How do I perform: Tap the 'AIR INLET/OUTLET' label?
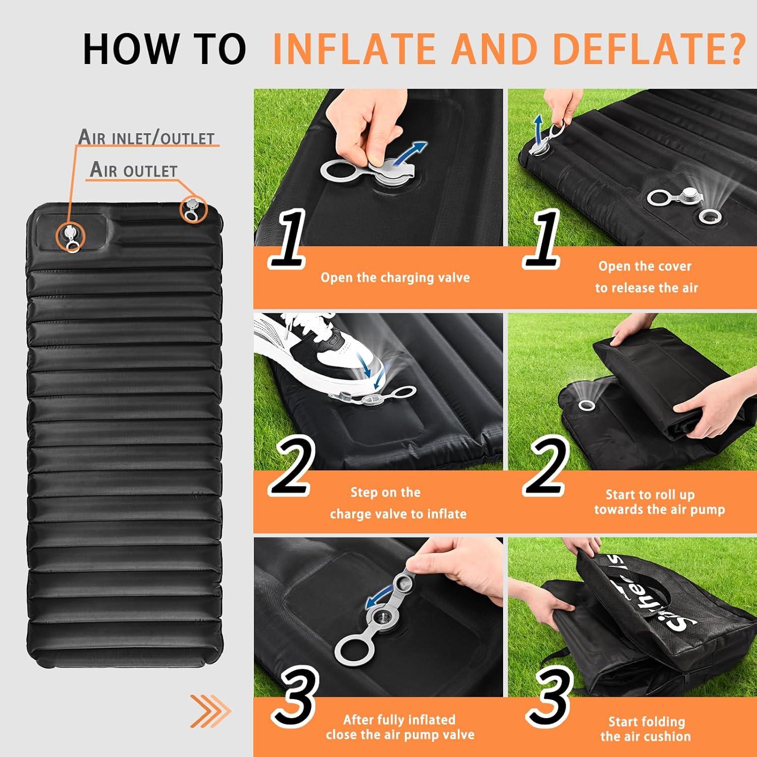[x=146, y=137]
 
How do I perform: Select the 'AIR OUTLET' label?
[x=134, y=170]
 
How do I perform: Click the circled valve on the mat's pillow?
[x=71, y=236]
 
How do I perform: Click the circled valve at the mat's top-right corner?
[x=193, y=209]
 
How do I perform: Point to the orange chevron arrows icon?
[x=210, y=711]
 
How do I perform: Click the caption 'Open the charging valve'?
[x=395, y=278]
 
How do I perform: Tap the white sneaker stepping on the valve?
[x=323, y=353]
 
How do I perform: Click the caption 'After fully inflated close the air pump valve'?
[x=400, y=727]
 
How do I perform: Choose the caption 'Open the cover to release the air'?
[x=646, y=277]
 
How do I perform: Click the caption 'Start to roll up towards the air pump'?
[x=659, y=502]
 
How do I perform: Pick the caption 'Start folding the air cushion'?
[x=646, y=729]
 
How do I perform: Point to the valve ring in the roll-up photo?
[x=586, y=405]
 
